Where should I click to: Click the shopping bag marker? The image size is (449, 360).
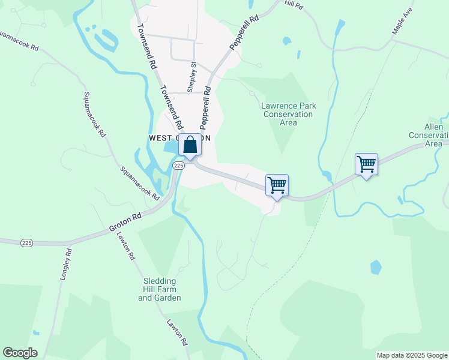[x=190, y=145]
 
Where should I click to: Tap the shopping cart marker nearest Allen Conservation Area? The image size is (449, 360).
[x=366, y=164]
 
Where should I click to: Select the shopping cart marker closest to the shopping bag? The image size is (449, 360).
[x=277, y=185]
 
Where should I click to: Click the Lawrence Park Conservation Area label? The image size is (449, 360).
[x=289, y=114]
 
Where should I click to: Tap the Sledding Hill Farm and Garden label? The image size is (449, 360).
[x=159, y=289]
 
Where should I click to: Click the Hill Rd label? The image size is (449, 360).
[x=294, y=4]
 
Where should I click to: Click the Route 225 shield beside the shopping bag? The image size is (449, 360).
[x=178, y=165]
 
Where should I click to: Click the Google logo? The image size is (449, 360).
[x=20, y=353]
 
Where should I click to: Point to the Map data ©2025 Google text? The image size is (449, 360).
[x=411, y=355]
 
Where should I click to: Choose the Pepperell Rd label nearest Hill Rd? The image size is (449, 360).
[x=244, y=33]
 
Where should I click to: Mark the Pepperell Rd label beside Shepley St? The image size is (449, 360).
[x=206, y=108]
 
